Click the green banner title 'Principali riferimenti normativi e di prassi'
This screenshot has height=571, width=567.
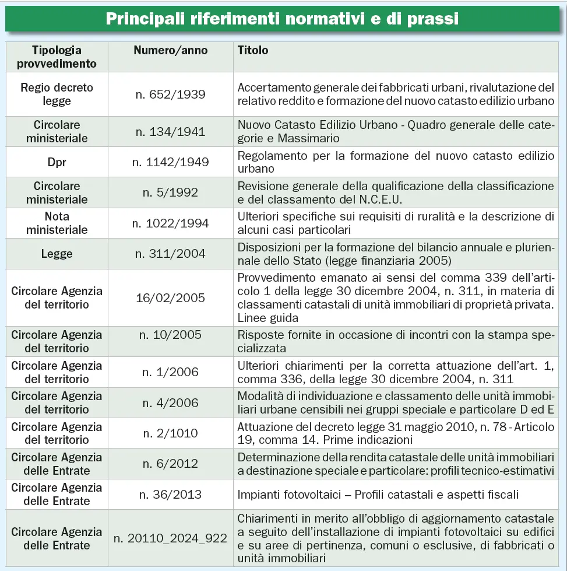pos(283,19)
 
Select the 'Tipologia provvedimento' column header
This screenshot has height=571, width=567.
pos(57,57)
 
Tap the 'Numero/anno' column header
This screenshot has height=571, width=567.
pos(170,50)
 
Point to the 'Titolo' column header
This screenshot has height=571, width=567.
pos(253,50)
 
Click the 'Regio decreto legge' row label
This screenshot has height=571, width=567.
pos(57,94)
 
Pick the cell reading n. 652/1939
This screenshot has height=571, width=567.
pos(170,94)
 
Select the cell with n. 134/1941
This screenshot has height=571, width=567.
pos(170,131)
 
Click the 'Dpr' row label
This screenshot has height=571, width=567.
pos(57,162)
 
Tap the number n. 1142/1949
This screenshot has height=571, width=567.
pos(170,162)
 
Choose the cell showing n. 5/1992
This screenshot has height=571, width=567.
pos(170,192)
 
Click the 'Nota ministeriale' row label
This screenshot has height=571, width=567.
pos(57,223)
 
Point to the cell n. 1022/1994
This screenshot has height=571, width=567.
pos(170,223)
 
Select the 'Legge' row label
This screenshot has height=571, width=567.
pos(57,253)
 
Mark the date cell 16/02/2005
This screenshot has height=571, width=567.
pos(170,297)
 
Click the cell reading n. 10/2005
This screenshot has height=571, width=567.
pos(170,335)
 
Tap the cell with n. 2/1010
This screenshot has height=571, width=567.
pos(170,433)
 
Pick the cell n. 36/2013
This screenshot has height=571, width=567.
pos(170,494)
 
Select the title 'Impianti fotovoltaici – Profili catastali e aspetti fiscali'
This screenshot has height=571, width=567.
pos(378,494)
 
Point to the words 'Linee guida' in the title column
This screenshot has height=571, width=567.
pos(267,318)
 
